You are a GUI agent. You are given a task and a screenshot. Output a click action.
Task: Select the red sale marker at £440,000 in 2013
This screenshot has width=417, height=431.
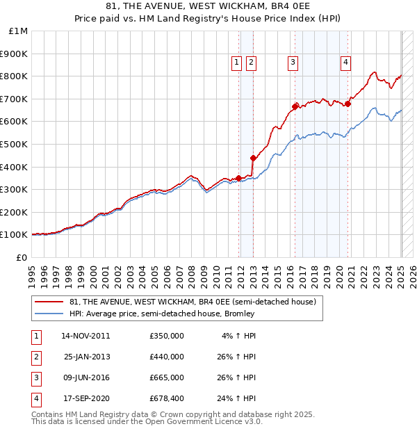click(253, 158)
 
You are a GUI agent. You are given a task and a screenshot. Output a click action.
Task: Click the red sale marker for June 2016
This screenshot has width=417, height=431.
click(295, 106)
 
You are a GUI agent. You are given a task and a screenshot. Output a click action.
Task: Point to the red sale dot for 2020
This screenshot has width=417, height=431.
click(347, 104)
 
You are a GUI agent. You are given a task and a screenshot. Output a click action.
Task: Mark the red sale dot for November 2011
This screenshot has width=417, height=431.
click(238, 178)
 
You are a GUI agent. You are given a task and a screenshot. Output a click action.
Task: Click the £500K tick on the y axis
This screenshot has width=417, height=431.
click(13, 144)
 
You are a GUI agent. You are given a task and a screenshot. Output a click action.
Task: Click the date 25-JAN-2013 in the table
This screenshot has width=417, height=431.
click(86, 357)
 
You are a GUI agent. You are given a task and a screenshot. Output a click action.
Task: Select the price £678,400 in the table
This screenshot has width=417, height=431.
click(166, 399)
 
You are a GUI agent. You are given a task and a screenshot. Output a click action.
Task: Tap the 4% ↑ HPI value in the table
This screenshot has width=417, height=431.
click(239, 336)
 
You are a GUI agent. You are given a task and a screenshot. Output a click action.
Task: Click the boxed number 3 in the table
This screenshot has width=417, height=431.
click(35, 378)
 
